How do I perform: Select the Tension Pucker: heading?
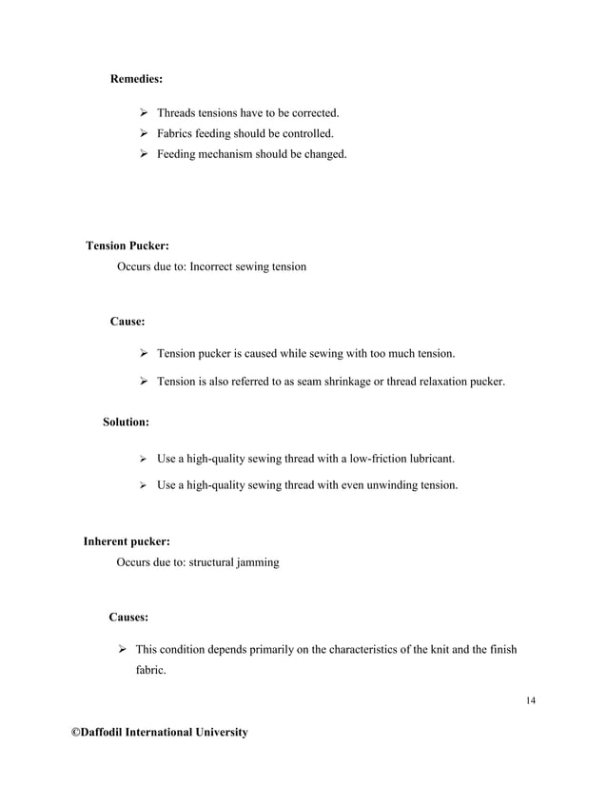click(127, 246)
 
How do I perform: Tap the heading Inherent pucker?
click(127, 541)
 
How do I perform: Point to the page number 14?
click(530, 701)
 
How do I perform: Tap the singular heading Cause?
click(127, 323)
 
